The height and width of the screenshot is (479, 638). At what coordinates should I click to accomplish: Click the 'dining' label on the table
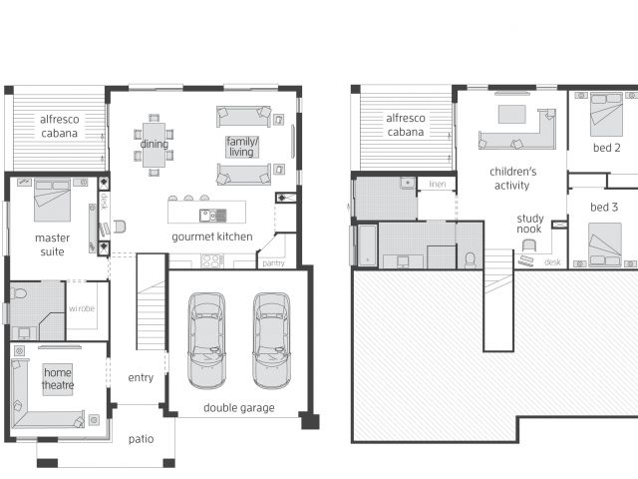154,144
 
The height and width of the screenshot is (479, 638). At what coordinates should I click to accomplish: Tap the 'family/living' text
242,147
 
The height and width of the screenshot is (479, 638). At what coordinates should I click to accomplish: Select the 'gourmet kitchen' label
212,237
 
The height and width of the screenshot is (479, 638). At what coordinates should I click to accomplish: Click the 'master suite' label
52,244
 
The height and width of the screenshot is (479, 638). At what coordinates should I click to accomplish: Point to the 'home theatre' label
58,379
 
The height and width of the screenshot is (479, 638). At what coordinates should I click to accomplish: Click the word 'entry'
141,377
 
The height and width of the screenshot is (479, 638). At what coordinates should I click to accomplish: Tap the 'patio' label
141,439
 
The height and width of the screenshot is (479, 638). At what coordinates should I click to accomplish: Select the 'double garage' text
239,408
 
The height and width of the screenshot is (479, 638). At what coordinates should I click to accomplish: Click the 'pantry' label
273,263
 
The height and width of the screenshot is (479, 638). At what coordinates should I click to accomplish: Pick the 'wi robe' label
82,308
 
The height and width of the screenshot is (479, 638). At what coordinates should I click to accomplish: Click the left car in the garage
206,340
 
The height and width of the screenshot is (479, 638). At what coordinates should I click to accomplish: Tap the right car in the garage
272,340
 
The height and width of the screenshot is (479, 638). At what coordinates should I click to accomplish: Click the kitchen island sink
212,216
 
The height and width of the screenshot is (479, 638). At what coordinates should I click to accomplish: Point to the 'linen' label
438,184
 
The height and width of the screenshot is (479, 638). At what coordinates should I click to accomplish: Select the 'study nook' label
529,224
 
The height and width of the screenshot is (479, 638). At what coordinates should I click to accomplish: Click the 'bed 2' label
607,148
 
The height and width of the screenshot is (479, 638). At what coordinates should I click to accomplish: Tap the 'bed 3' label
604,207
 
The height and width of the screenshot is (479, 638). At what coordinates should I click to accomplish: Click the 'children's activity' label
512,179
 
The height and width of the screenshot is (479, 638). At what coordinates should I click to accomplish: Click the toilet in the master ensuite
19,292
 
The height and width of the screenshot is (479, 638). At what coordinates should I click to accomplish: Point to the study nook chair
529,245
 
